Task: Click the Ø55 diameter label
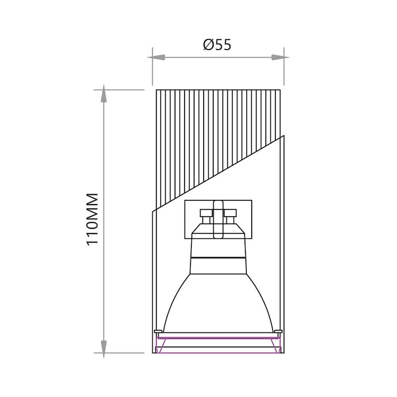pos(217,45)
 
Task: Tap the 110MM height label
pos(93,219)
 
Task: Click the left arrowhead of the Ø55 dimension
pos(156,58)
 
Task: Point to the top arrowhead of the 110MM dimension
pos(104,93)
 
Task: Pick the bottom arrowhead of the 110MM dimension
pos(104,349)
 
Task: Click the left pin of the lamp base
pos(205,216)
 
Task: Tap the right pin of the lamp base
pos(230,216)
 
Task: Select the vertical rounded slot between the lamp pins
pos(218,219)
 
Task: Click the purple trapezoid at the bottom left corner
pos(161,345)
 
